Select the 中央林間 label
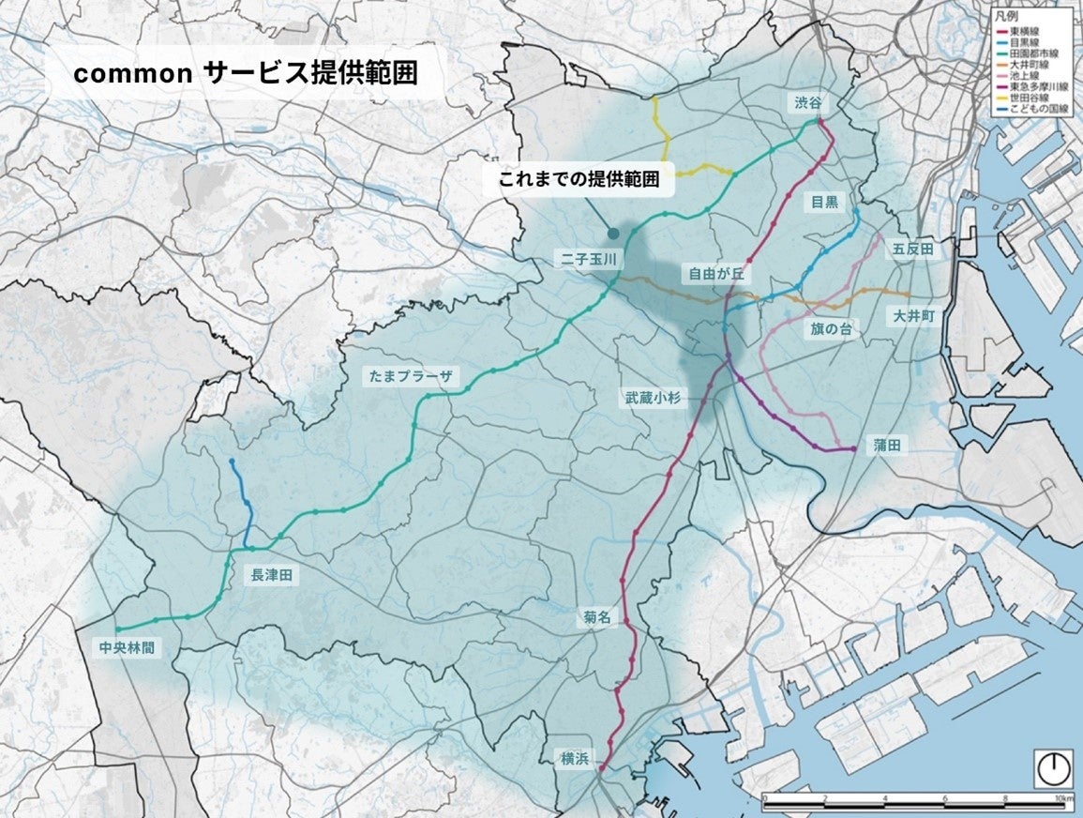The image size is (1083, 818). [x=126, y=646]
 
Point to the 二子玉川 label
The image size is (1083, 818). [x=588, y=260]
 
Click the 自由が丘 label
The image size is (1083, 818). [x=715, y=274]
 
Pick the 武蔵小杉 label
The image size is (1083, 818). [x=658, y=398]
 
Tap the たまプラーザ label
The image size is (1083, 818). [x=414, y=376]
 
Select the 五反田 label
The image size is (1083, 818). [x=911, y=249]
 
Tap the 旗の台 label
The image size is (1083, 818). [x=832, y=329]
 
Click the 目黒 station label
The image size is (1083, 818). [x=825, y=201]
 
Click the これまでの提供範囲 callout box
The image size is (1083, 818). [x=579, y=181]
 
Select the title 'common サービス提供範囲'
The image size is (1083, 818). [x=245, y=76]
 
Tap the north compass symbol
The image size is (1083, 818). [x=1054, y=769]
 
